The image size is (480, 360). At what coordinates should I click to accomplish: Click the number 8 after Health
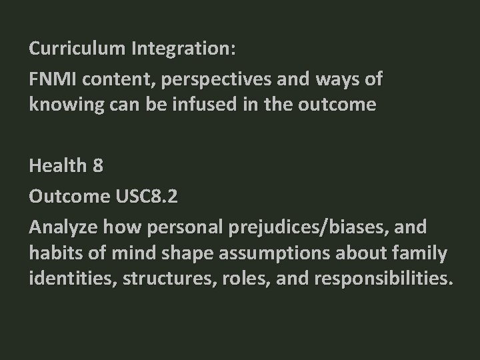pyautogui.click(x=98, y=165)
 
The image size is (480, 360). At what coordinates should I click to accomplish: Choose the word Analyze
pyautogui.click(x=61, y=228)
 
